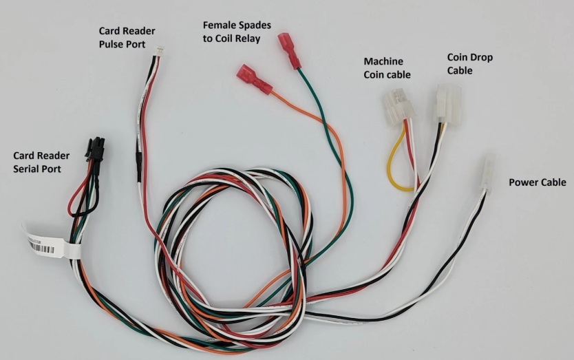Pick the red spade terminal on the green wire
click(289, 52)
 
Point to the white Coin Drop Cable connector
click(447, 103)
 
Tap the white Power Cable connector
click(487, 171)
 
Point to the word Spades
click(253, 25)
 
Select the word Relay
click(246, 39)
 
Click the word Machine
click(383, 61)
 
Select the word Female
click(218, 25)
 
